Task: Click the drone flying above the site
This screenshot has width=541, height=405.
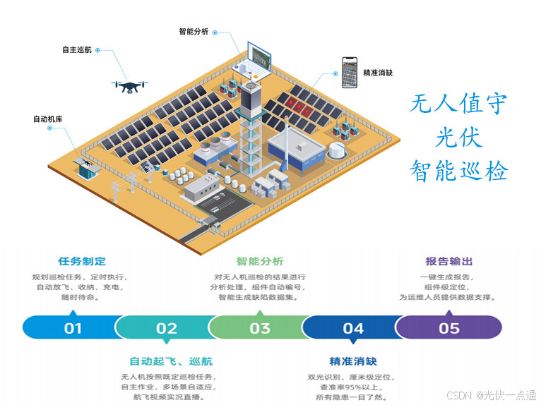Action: (x=130, y=85)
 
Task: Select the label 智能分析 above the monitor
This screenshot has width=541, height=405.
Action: (x=193, y=31)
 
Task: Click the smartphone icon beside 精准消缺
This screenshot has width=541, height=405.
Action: (x=348, y=73)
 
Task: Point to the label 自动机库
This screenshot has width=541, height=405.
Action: (x=48, y=119)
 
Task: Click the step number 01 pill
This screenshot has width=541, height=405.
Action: (x=73, y=327)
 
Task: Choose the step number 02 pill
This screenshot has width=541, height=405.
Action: (x=167, y=327)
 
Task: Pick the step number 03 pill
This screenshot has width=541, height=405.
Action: (x=260, y=327)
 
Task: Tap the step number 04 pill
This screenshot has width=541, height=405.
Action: (x=353, y=327)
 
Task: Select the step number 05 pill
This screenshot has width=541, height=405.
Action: (x=449, y=327)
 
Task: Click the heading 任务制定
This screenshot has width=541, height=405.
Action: (x=82, y=262)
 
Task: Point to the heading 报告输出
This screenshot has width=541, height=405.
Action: (x=449, y=262)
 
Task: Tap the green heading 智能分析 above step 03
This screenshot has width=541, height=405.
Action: (x=260, y=262)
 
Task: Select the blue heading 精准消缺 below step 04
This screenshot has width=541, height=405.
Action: (x=353, y=361)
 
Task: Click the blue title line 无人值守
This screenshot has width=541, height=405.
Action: (x=458, y=104)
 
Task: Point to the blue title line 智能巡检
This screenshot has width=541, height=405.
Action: (x=458, y=170)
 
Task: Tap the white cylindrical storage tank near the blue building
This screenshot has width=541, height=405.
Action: (x=337, y=150)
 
